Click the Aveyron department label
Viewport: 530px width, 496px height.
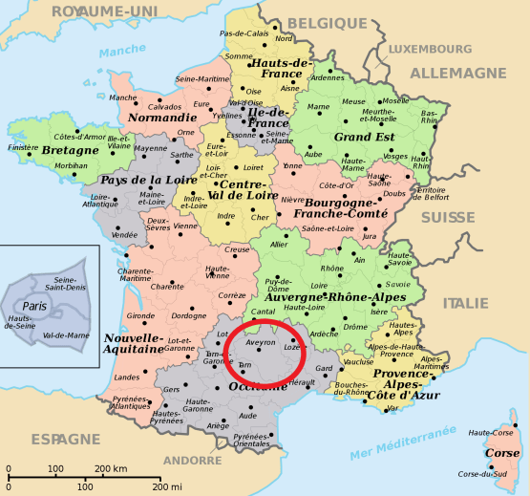coord(261,341)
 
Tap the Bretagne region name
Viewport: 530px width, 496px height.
coord(71,150)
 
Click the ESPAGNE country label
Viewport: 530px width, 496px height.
coord(64,439)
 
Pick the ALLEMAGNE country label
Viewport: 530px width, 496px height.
coord(457,73)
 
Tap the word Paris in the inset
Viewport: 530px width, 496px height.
coord(35,305)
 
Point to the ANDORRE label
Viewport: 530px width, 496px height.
coord(192,460)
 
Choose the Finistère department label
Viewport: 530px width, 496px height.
coord(24,148)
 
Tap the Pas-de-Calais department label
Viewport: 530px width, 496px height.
coord(244,33)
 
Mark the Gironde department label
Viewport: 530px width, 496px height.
coord(140,315)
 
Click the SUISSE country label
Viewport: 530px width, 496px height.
coord(448,217)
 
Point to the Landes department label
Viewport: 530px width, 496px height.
coord(126,377)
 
